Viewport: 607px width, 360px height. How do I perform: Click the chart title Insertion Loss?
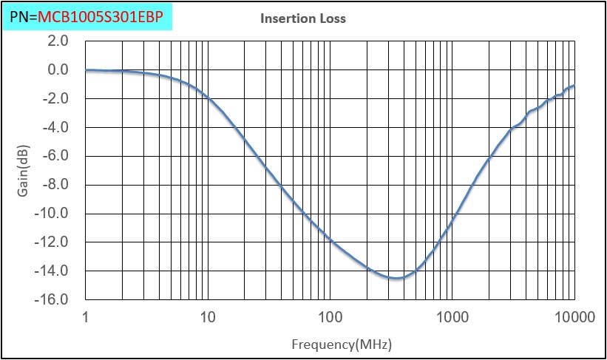click(x=303, y=18)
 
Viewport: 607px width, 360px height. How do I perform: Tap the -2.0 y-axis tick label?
click(x=55, y=98)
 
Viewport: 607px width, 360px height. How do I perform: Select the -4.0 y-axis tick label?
click(x=55, y=127)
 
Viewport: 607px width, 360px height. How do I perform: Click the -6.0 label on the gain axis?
click(x=55, y=156)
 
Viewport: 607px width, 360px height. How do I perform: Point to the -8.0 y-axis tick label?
click(x=55, y=185)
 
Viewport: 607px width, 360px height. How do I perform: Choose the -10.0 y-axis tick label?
click(x=53, y=214)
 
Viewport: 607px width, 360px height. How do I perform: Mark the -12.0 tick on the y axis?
click(x=53, y=242)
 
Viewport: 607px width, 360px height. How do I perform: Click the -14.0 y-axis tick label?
click(x=53, y=271)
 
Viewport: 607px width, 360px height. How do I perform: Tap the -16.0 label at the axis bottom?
click(x=53, y=300)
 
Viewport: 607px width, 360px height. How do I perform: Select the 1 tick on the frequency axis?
click(x=86, y=318)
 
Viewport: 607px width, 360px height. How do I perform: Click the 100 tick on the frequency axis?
click(x=330, y=318)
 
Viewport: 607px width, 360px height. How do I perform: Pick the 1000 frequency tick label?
click(x=452, y=318)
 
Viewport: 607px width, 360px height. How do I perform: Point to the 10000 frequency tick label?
click(x=574, y=318)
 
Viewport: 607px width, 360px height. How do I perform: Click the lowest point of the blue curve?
click(x=396, y=278)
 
